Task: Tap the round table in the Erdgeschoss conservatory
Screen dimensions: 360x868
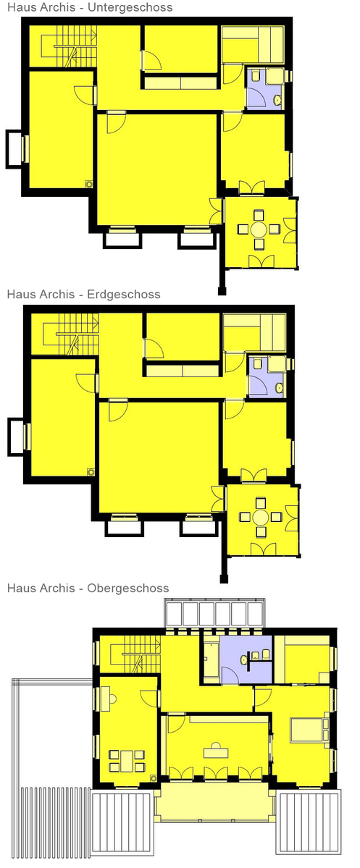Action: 260,518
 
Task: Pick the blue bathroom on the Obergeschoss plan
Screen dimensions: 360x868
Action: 246,660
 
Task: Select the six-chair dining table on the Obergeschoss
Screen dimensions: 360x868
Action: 127,760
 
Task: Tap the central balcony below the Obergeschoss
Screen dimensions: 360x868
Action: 215,801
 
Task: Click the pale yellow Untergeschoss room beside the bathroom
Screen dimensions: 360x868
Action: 253,43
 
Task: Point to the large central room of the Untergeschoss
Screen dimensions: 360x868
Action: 156,169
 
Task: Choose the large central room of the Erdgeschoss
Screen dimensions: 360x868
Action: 159,458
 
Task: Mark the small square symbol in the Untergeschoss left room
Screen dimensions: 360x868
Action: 88,184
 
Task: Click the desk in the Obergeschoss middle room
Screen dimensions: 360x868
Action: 215,752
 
